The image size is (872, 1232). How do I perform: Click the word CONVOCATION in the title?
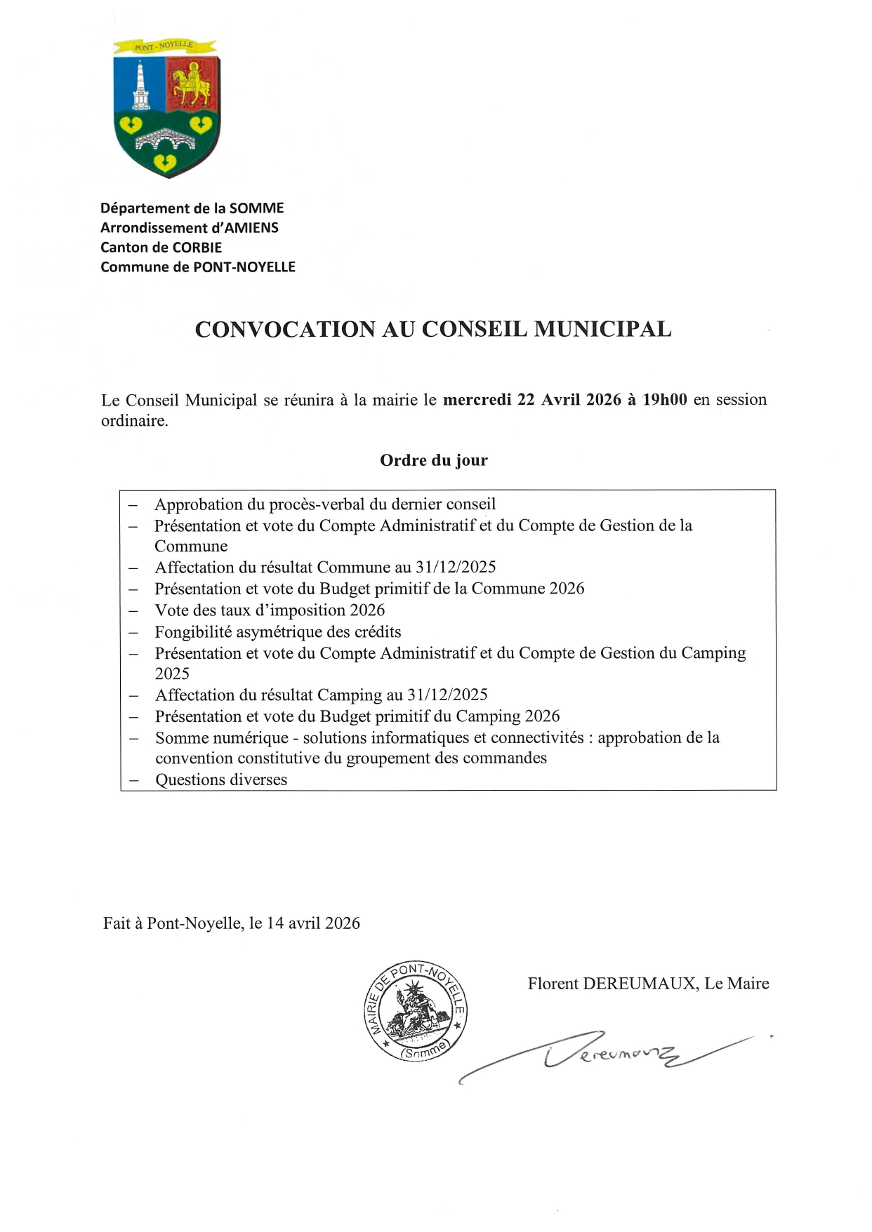285,330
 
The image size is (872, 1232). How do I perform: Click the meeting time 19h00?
665,400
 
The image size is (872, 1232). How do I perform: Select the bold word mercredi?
477,400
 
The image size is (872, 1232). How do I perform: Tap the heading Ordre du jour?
434,461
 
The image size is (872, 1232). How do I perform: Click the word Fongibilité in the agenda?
193,632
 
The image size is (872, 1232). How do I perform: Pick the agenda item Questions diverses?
221,780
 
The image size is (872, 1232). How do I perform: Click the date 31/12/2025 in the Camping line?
447,695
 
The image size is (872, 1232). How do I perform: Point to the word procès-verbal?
317,504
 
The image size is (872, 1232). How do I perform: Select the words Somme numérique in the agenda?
222,738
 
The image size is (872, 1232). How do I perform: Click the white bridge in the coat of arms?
167,140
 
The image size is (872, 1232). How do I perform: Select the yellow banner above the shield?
164,47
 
